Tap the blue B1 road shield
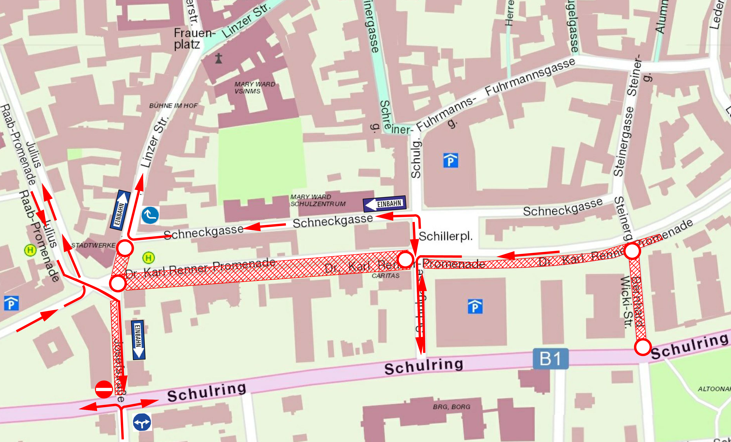coord(551,359)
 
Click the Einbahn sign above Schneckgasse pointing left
coord(384,204)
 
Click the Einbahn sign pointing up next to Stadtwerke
coord(120,210)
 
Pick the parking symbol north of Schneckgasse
coord(450,161)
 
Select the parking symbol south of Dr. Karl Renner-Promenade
coord(475,306)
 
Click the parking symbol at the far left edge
coord(11,303)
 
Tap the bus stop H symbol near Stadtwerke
coord(149,258)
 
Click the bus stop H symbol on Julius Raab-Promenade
coord(30,250)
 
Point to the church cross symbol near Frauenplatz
coord(219,58)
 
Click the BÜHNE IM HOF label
coord(173,106)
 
